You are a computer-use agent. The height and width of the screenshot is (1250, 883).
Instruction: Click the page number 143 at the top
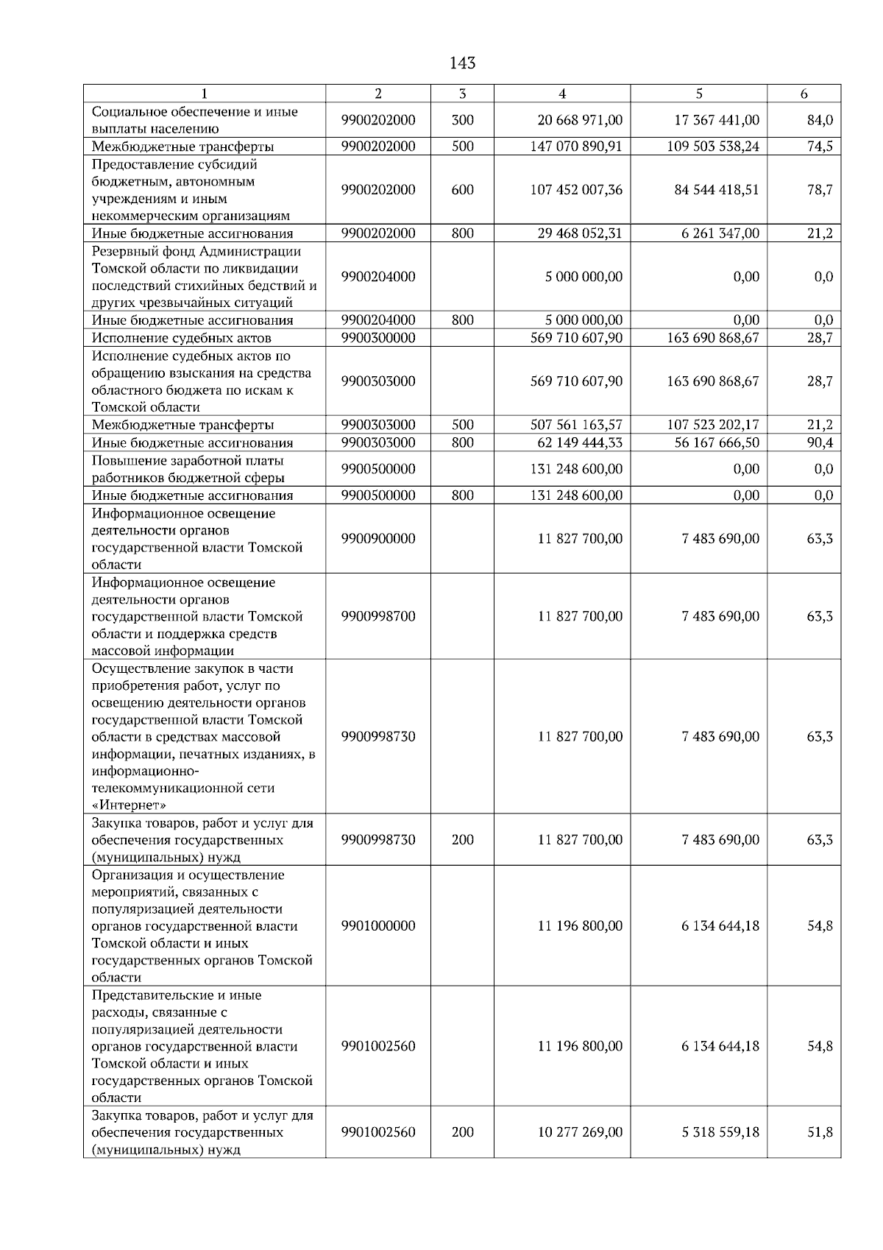[462, 63]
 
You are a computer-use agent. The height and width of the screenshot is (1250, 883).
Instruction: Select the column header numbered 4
[562, 93]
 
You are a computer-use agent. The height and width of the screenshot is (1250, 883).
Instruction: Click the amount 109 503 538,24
[713, 146]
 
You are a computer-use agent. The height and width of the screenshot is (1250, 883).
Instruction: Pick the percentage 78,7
[819, 190]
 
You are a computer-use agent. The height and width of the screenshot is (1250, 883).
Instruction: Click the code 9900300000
[378, 338]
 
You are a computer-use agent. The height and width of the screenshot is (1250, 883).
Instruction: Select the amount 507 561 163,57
[576, 425]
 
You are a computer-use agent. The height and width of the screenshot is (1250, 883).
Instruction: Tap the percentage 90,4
[819, 442]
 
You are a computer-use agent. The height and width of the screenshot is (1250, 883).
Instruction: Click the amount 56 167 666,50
[713, 442]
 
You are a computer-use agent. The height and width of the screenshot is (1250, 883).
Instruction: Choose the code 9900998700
[378, 616]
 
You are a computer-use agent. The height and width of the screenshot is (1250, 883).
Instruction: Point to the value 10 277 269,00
[580, 1132]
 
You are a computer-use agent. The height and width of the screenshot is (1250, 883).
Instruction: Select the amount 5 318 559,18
[720, 1132]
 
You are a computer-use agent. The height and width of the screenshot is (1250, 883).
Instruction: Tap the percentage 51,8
[819, 1132]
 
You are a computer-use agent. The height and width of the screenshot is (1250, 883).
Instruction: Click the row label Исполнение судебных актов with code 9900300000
[181, 338]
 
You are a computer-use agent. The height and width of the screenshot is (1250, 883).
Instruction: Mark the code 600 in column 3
[462, 190]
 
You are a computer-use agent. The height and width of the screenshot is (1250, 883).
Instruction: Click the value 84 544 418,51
[716, 190]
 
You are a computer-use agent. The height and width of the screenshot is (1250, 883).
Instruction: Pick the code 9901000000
[378, 926]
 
